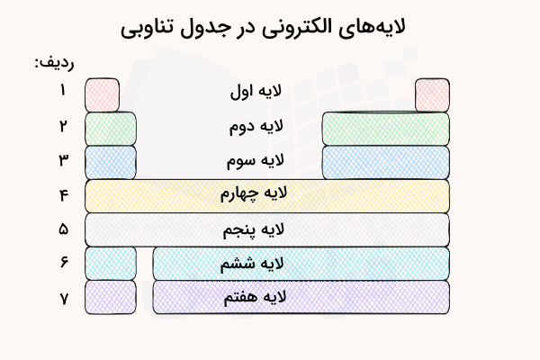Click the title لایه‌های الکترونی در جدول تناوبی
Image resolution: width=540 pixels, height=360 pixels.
(270, 27)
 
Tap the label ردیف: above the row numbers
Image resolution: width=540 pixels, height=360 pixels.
(55, 62)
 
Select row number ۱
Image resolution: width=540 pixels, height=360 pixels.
(64, 90)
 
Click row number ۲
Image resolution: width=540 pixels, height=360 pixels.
(64, 125)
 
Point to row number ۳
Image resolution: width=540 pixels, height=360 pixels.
(64, 160)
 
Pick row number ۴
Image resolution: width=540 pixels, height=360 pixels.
(64, 195)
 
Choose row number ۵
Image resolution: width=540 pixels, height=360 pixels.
(64, 229)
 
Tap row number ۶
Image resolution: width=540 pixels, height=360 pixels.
(64, 263)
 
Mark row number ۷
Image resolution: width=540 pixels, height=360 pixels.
(64, 297)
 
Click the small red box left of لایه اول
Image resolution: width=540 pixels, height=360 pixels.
(102, 94)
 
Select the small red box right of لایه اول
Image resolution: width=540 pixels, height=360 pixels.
(432, 94)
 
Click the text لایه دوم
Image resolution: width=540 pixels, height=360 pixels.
(256, 127)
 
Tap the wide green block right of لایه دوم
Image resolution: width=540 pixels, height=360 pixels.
(385, 128)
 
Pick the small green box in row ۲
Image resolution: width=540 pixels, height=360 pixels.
(111, 128)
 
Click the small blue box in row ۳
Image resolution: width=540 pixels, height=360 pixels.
(111, 162)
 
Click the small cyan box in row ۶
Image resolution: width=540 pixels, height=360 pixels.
(111, 264)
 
